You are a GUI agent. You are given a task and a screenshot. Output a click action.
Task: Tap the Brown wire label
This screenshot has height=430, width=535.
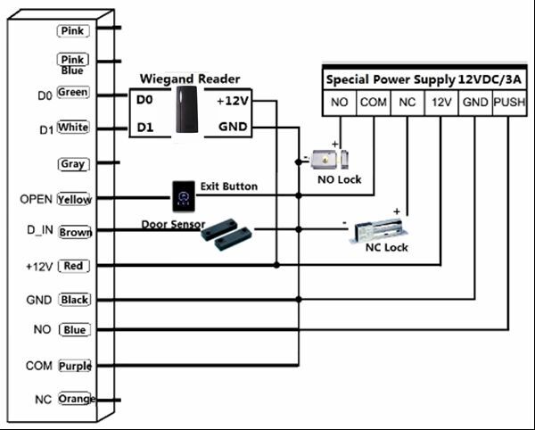(75, 232)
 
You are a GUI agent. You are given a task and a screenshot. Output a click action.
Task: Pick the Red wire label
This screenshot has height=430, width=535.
(74, 266)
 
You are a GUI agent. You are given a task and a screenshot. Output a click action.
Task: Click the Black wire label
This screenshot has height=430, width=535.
(74, 300)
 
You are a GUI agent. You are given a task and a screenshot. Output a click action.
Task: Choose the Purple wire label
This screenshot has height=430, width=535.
(75, 366)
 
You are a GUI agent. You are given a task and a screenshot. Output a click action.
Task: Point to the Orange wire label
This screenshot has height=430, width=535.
(75, 399)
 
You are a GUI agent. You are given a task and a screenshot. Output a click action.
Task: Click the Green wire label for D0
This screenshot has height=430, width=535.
(72, 93)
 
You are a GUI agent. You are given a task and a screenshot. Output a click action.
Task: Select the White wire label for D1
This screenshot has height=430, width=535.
(73, 128)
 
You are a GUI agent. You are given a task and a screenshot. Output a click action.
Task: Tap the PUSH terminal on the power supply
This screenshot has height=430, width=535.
(509, 103)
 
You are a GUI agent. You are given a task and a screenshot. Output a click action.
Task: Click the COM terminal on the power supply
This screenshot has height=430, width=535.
(373, 103)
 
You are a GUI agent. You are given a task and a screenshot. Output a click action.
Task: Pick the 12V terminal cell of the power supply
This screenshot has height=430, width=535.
(441, 103)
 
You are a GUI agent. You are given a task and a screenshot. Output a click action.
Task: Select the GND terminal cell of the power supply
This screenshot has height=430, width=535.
(475, 103)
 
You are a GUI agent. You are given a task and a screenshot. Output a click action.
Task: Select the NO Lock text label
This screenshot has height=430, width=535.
(340, 179)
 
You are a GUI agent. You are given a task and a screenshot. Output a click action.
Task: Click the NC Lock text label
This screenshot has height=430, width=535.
(387, 247)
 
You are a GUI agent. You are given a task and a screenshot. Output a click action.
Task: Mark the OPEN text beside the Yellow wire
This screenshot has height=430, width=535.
(36, 199)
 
